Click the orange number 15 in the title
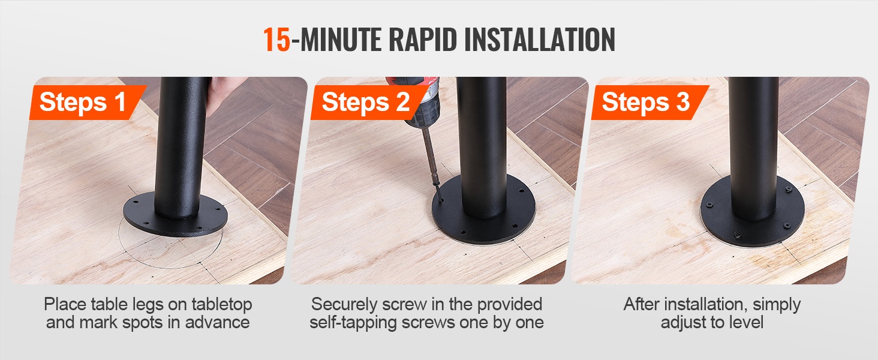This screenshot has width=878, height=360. point(276,39)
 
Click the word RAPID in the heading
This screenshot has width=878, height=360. point(423,39)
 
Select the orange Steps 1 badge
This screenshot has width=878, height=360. point(88,103)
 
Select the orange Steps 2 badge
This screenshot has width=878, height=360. point(368,103)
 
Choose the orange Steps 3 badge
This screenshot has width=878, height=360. point(650,103)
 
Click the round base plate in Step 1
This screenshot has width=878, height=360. point(175,215)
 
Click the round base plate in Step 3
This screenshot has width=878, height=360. point(753,212)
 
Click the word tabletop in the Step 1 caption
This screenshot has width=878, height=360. point(222,305)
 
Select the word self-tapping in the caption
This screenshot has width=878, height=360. point(353,323)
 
